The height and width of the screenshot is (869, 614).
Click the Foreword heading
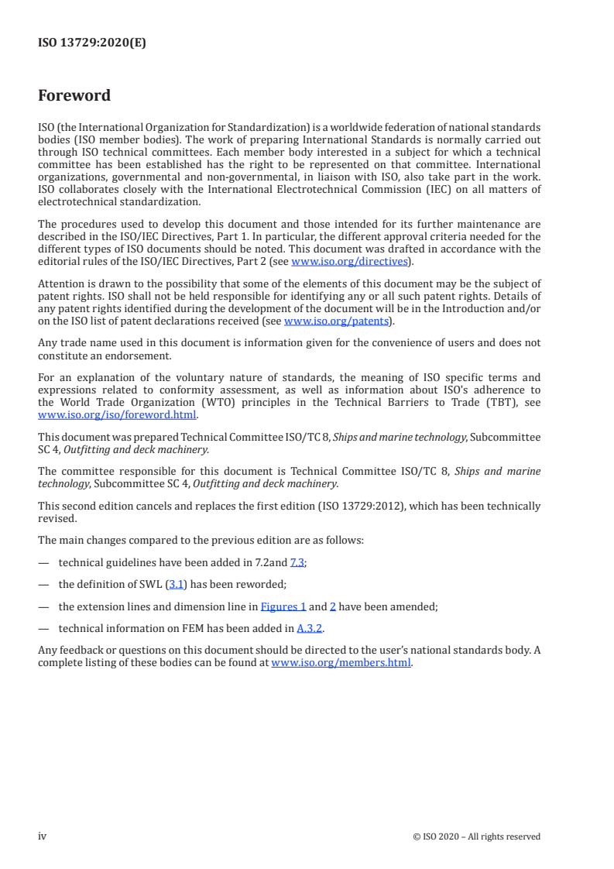74,96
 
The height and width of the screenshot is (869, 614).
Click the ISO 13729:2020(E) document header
92,43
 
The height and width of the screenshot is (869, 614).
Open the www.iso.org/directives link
349,261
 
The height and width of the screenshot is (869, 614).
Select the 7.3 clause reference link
297,563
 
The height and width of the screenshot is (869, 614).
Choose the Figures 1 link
283,607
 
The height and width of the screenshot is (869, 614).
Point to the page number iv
43,836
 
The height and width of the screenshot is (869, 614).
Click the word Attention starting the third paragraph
62,285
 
